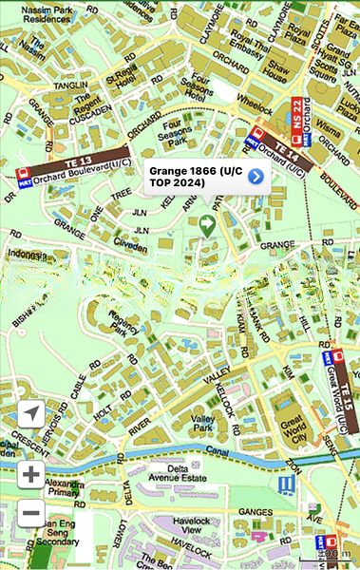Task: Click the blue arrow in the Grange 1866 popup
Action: [256, 176]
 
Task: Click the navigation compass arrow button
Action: [31, 414]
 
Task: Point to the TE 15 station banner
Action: [348, 391]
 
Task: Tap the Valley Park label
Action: [203, 424]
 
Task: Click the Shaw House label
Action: [275, 71]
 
